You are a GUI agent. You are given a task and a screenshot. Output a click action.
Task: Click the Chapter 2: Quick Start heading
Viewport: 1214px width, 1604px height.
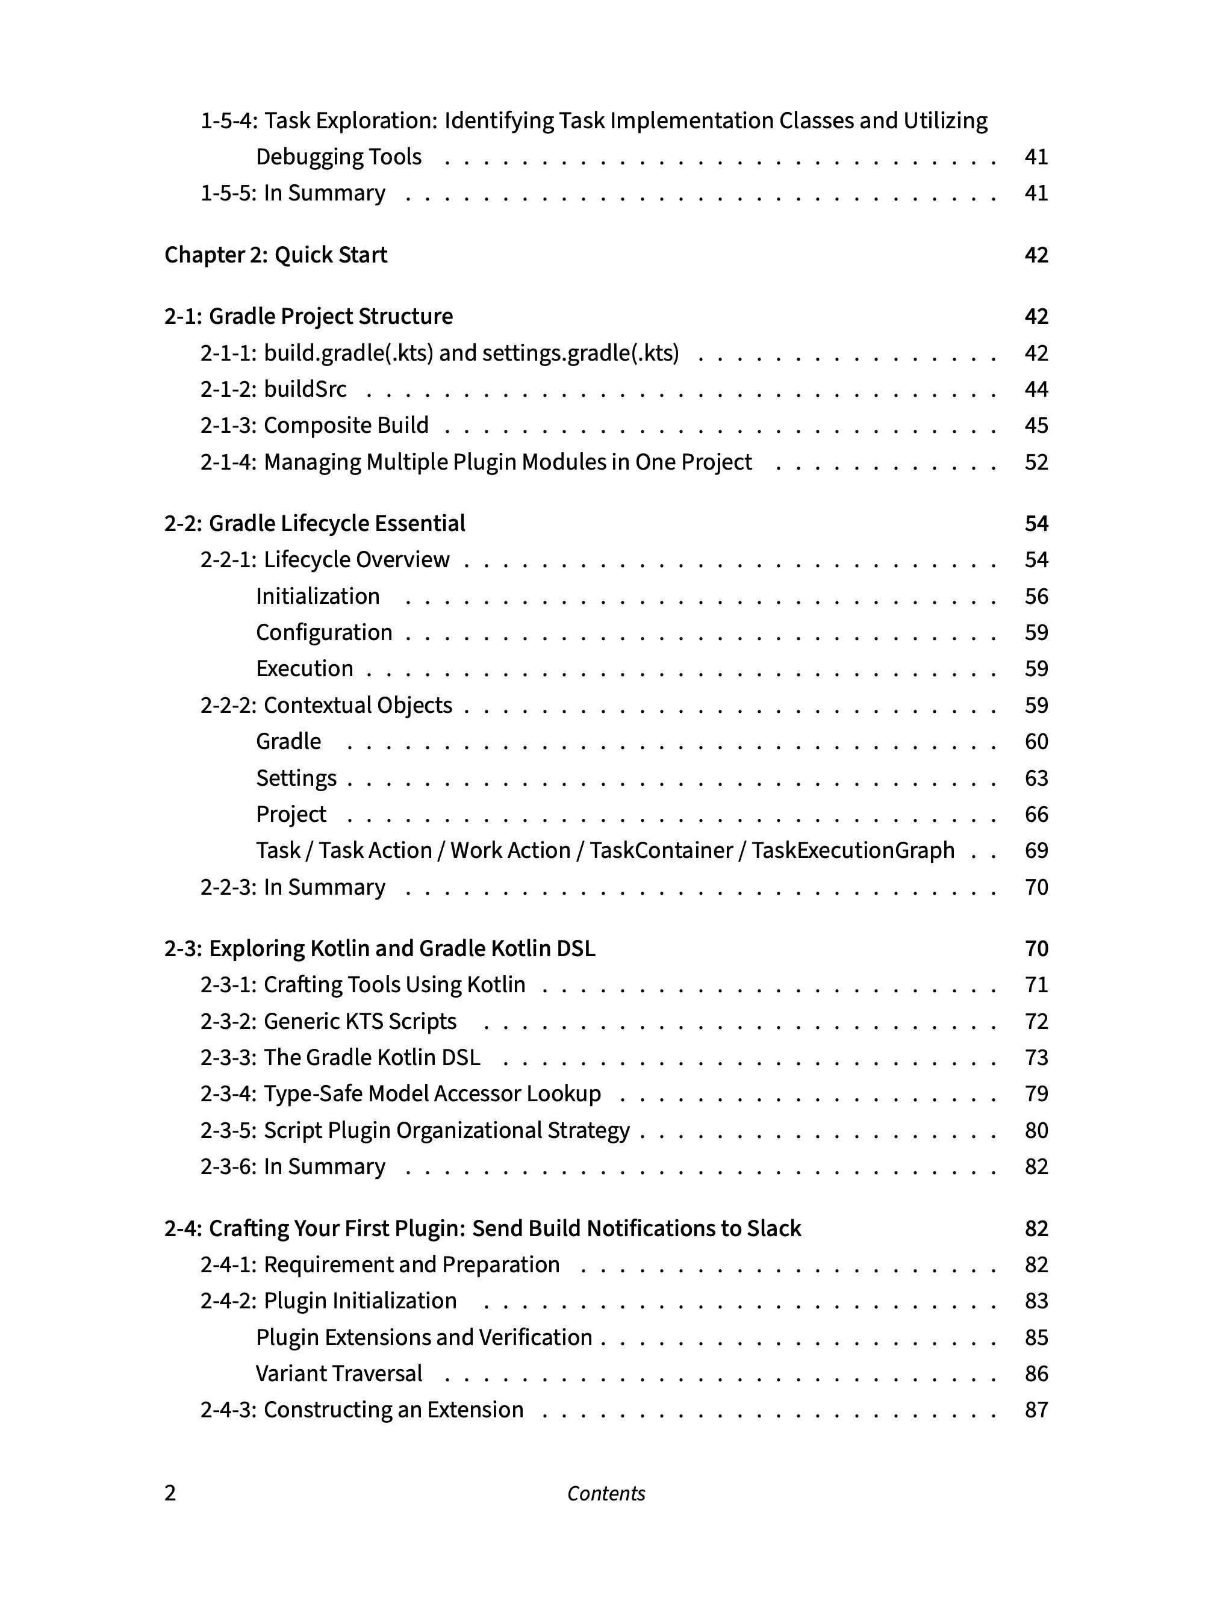(276, 255)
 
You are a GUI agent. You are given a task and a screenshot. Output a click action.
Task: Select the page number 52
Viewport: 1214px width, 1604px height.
(1036, 462)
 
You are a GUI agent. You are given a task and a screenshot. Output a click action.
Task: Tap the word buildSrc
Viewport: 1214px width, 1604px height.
(305, 390)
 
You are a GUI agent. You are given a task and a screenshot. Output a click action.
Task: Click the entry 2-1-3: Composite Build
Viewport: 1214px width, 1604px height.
(314, 426)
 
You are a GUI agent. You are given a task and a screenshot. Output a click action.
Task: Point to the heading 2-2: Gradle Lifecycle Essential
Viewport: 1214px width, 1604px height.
(315, 524)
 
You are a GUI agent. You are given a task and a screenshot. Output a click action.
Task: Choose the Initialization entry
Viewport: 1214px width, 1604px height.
(317, 597)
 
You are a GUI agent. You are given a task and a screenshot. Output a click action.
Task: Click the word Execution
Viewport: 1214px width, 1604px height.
(305, 668)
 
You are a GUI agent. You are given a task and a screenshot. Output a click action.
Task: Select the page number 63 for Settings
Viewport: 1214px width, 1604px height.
(1036, 778)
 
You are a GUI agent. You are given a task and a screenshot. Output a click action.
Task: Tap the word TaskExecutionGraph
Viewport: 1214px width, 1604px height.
(853, 851)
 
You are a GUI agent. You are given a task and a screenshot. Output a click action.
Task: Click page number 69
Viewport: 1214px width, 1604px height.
(1036, 851)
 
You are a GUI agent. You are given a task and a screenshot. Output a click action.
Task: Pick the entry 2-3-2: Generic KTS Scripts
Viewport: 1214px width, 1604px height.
(328, 1022)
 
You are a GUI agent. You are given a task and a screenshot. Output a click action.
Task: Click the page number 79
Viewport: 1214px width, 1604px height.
(1036, 1094)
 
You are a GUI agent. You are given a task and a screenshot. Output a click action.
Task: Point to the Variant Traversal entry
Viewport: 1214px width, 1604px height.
(338, 1374)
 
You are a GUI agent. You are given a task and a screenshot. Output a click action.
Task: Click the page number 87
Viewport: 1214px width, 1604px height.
(1036, 1410)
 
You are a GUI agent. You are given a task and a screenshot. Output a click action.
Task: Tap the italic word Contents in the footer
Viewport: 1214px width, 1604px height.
(606, 1494)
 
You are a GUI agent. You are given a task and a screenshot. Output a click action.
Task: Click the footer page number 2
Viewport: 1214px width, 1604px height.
(170, 1494)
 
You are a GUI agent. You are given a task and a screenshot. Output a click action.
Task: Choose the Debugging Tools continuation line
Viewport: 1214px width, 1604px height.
(338, 157)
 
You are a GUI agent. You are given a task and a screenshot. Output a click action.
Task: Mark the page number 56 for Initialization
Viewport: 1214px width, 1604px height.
(1036, 597)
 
